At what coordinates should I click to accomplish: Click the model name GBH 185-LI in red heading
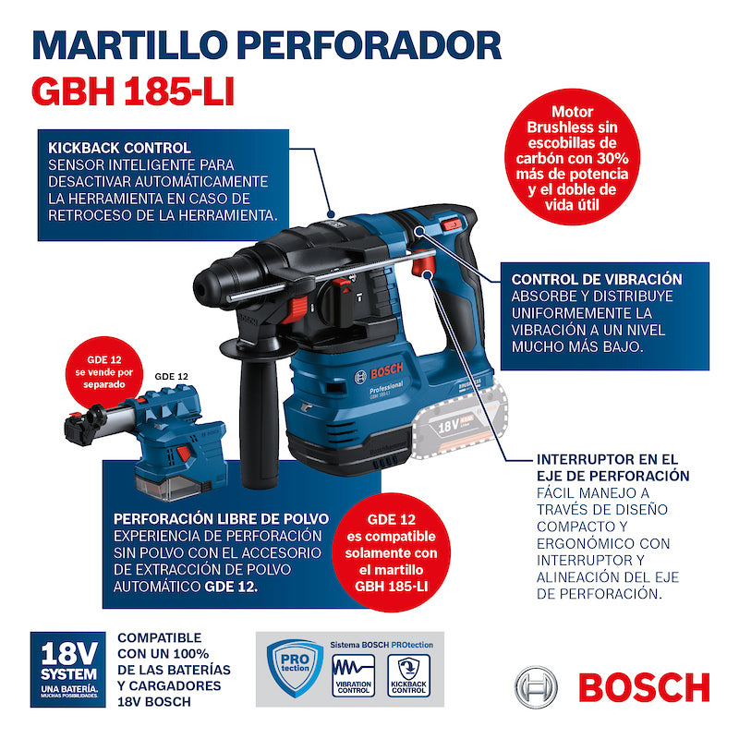(x=134, y=90)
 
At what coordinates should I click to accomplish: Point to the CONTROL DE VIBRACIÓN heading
(x=597, y=279)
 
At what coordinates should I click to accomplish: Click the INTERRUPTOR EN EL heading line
(x=607, y=458)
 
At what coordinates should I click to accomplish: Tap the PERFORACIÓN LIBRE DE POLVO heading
(x=218, y=518)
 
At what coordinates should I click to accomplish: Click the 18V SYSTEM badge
(x=67, y=669)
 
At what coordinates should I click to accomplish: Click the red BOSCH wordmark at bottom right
(x=643, y=686)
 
